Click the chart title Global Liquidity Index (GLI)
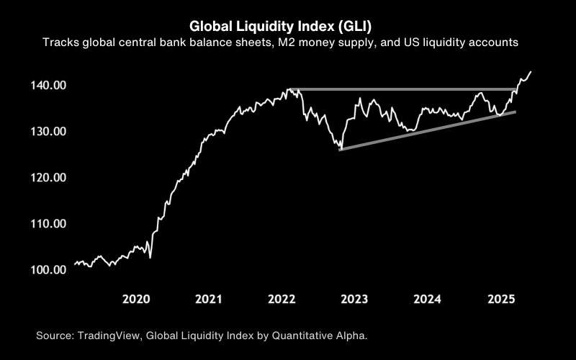pos(287,26)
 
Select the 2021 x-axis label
pos(208,299)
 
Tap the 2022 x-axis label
pos(282,299)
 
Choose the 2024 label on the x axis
pos(428,299)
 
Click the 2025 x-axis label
pos(501,299)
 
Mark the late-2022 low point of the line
pos(340,148)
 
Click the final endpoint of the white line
pos(531,71)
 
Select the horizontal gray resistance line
pos(403,89)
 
